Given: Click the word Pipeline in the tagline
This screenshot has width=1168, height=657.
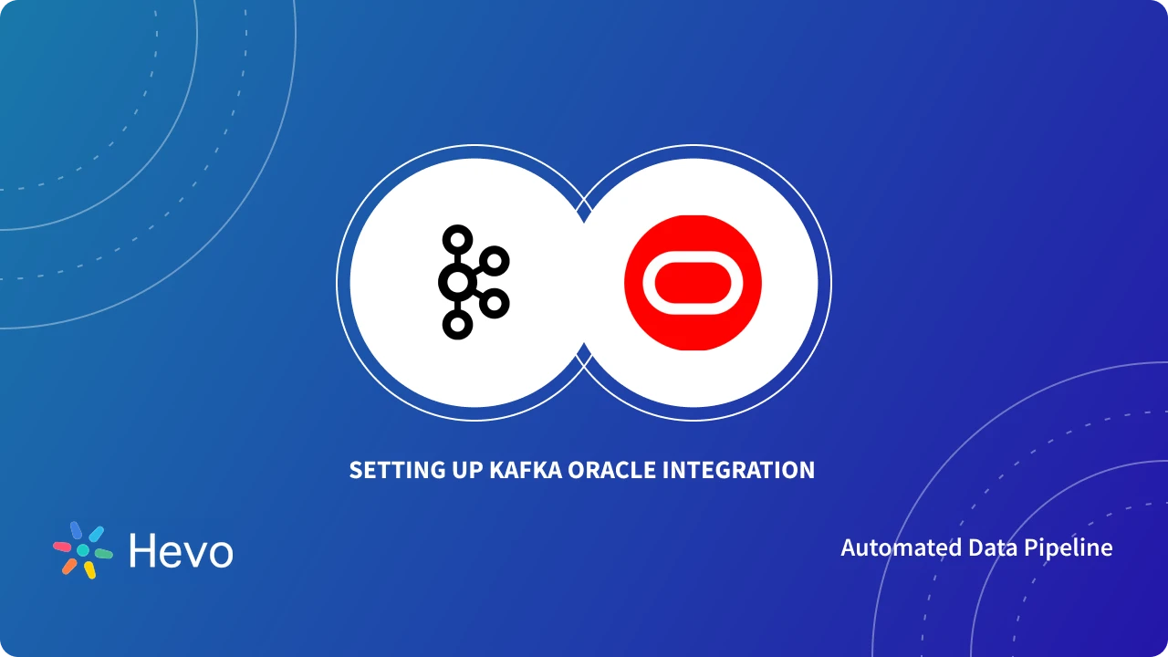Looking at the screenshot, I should [1074, 547].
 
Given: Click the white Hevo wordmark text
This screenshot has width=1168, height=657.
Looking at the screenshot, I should [181, 551].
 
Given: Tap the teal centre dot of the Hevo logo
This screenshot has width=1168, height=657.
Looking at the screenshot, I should [83, 550].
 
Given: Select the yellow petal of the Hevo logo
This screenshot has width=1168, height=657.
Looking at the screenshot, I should [89, 570].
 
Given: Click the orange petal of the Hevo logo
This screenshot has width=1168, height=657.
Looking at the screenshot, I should [69, 566].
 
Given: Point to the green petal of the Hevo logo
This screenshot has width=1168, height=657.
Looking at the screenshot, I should [103, 553].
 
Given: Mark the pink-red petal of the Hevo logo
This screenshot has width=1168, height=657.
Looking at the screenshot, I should [62, 547].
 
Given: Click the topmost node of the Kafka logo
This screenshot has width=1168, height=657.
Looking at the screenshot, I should [457, 240].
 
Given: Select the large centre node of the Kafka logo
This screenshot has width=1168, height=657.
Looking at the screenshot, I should [455, 282].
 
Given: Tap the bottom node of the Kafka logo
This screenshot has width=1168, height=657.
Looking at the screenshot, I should [457, 324].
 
